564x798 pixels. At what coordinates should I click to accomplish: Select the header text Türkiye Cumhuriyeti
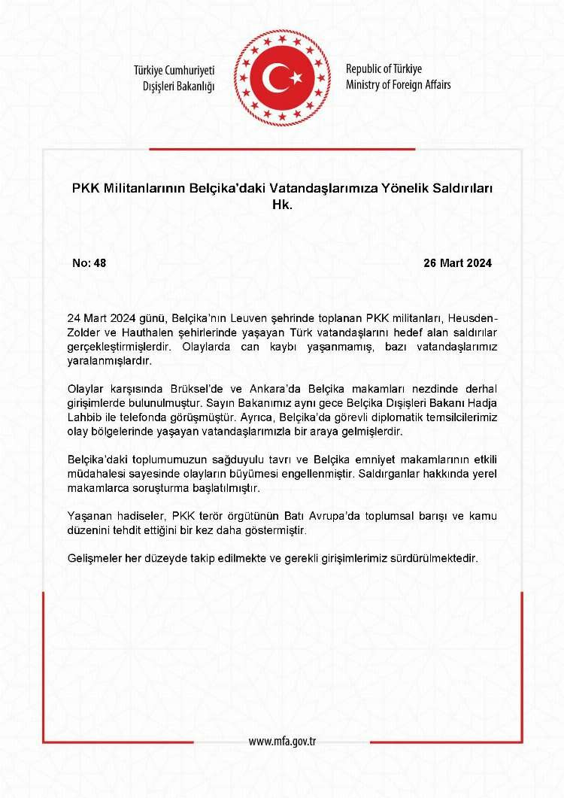pyautogui.click(x=174, y=70)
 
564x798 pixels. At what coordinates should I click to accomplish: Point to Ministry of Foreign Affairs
pyautogui.click(x=399, y=85)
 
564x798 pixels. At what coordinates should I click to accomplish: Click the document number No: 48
pyautogui.click(x=89, y=263)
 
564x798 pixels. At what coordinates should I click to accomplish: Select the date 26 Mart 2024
pyautogui.click(x=457, y=263)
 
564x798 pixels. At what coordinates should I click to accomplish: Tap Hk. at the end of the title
pyautogui.click(x=281, y=202)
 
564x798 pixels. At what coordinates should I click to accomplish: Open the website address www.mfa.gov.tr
pyautogui.click(x=282, y=742)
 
